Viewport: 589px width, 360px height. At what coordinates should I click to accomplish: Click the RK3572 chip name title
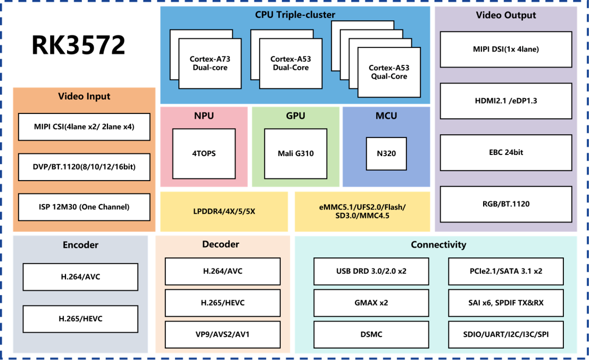pos(78,45)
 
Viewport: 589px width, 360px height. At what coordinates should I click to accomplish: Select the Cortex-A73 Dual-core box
pos(210,63)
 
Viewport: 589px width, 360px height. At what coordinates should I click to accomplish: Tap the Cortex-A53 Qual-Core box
pos(389,72)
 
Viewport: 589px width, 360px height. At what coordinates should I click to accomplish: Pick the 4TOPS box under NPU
pos(204,154)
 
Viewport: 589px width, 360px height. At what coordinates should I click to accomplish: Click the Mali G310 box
pos(296,154)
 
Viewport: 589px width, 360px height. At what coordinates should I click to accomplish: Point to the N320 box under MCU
pos(386,154)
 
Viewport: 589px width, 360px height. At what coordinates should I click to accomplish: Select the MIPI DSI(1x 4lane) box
pos(506,49)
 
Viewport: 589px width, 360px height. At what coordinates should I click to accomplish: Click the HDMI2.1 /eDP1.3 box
pos(506,101)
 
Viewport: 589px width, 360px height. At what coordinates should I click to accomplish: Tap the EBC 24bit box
pos(506,153)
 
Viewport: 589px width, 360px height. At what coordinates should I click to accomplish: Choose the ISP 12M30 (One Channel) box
pos(84,207)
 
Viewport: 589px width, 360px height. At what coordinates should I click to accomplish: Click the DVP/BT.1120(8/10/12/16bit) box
pos(84,167)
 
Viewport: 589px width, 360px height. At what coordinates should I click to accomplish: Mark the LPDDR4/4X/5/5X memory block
pos(224,212)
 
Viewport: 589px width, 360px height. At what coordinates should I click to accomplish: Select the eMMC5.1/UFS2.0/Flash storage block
pos(363,212)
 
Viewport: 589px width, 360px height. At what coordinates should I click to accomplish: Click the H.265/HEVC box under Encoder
pos(80,319)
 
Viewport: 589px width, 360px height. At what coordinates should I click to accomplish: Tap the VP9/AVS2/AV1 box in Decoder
pos(223,334)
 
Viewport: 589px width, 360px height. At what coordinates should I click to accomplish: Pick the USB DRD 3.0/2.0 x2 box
pos(371,271)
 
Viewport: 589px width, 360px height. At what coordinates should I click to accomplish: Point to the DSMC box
pos(371,334)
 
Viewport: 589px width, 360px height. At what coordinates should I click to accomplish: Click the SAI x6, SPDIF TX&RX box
pos(506,303)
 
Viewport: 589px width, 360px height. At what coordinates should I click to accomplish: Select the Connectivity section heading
pos(438,244)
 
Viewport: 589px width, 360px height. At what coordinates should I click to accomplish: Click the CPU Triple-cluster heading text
pos(295,15)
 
